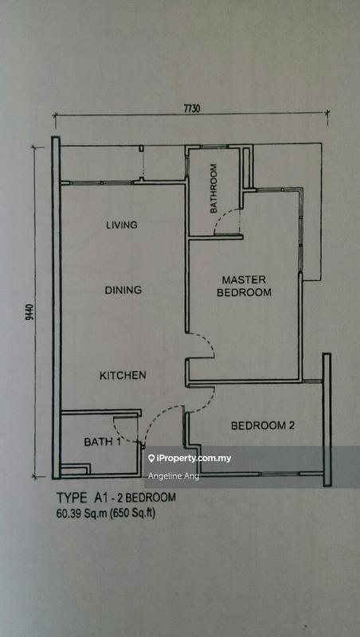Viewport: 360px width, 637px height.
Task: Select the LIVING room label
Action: click(x=122, y=225)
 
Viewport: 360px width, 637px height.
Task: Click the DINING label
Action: click(x=123, y=291)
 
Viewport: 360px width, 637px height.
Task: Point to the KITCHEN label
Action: click(x=122, y=375)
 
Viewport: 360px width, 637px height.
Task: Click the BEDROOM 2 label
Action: click(x=263, y=426)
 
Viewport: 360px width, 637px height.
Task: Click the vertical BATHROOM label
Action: click(x=213, y=187)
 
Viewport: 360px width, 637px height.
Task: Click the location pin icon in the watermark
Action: click(x=151, y=459)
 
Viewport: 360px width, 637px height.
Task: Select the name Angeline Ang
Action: click(x=174, y=476)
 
